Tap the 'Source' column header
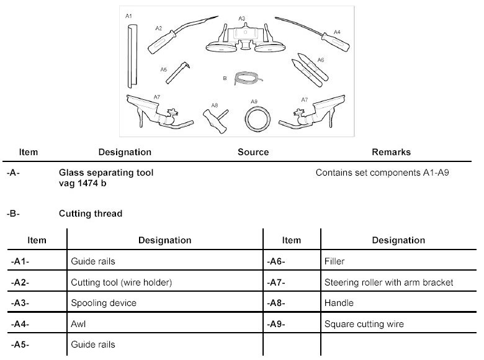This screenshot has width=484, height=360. click(253, 152)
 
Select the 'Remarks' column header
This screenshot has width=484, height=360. click(391, 152)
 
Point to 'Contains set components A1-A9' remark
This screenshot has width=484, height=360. click(382, 173)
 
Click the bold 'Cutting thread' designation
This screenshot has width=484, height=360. click(91, 214)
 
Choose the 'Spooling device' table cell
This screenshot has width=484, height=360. click(104, 303)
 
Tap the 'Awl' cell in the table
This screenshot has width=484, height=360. click(79, 323)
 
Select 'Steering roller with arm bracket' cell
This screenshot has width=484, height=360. click(388, 282)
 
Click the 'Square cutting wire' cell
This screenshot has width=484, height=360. click(364, 323)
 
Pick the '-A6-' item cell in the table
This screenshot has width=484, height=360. click(276, 262)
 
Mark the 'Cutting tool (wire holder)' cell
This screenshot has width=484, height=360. click(121, 282)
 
